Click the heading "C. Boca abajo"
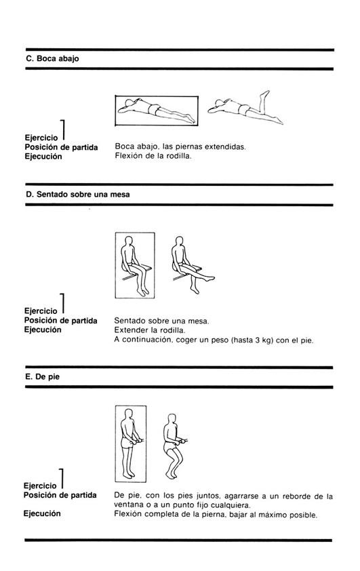(52, 58)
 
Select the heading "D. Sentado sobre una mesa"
(77, 195)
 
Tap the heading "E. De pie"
(42, 377)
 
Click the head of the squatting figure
(171, 419)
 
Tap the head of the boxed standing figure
(128, 414)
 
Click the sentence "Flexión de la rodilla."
(153, 157)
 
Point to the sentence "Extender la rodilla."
(150, 330)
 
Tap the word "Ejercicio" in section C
(41, 138)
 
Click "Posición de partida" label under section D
(61, 321)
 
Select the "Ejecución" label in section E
(42, 514)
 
